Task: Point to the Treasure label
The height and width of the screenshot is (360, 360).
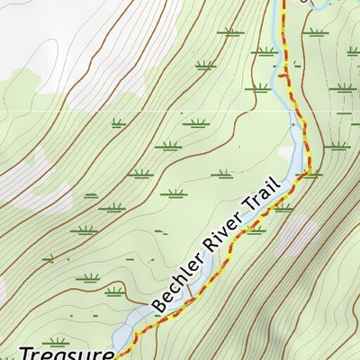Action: (x=67, y=353)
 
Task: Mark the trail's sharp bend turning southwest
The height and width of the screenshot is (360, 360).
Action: (x=310, y=170)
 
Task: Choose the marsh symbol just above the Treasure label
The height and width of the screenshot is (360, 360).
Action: (x=56, y=341)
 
